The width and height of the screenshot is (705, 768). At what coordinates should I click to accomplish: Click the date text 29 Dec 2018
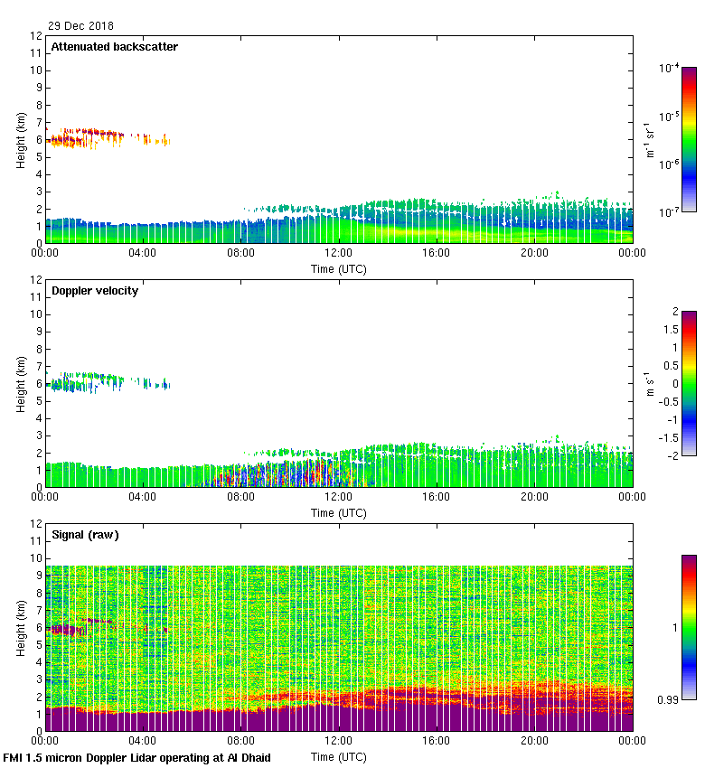click(81, 26)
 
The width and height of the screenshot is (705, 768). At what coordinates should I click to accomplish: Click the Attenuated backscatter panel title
click(114, 46)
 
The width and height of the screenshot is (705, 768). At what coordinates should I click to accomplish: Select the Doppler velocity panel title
click(95, 290)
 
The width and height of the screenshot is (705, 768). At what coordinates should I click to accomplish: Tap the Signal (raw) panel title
click(85, 534)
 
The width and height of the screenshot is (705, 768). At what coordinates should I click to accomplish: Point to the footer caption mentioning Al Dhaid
click(136, 757)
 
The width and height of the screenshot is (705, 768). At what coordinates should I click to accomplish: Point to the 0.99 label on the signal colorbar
click(667, 699)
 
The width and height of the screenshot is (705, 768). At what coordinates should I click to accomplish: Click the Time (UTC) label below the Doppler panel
click(339, 512)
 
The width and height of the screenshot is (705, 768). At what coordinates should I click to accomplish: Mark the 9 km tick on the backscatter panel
click(38, 88)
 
